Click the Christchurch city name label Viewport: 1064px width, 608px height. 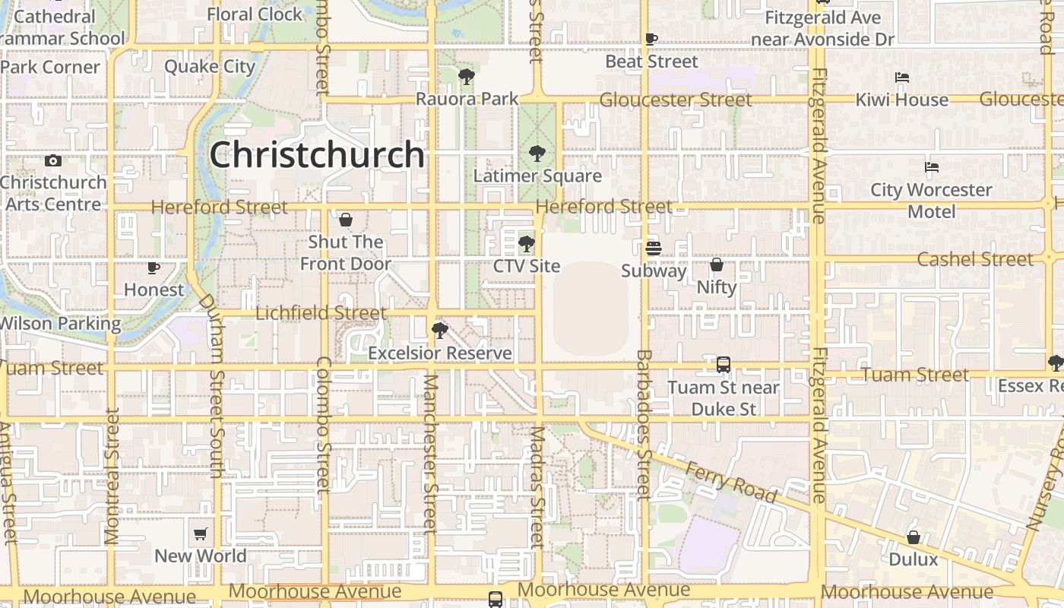click(317, 155)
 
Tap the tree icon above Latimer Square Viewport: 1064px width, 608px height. click(537, 154)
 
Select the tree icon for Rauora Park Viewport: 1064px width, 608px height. click(467, 76)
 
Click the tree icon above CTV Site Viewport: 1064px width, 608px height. click(526, 244)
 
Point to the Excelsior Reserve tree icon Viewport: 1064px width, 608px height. click(439, 331)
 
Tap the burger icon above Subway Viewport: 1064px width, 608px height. click(653, 249)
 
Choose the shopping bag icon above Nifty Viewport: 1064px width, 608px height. click(716, 264)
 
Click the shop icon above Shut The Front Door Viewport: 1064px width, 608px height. click(346, 220)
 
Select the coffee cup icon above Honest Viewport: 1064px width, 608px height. click(154, 268)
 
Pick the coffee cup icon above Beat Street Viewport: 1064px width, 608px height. click(651, 39)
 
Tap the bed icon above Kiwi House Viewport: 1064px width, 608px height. click(902, 78)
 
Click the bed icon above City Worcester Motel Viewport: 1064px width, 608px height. click(932, 167)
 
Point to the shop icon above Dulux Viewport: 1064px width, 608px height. click(914, 537)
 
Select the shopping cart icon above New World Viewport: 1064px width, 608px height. click(201, 534)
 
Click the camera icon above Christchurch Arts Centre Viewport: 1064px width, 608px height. click(52, 160)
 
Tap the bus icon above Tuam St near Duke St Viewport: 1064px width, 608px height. click(724, 365)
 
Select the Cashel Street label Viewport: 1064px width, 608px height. click(975, 259)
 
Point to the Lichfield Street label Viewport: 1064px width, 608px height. click(321, 313)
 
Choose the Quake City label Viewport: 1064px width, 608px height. click(210, 66)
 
